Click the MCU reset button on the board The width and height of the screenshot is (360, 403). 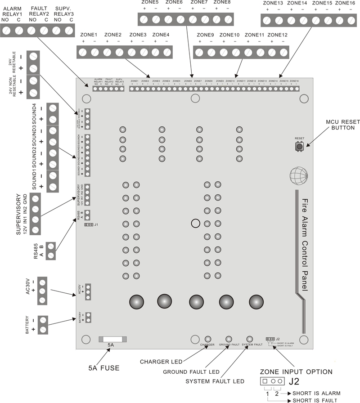click(298, 147)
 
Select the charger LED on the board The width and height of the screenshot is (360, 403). click(208, 339)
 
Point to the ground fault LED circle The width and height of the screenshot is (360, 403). click(229, 339)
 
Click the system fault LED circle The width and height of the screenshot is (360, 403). click(250, 339)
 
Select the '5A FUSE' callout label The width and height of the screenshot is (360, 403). click(104, 367)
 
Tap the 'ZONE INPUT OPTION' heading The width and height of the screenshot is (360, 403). click(296, 372)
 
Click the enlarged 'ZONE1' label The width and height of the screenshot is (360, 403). click(89, 35)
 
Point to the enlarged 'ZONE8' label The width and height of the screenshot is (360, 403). click(222, 2)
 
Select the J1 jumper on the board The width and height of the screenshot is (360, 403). click(89, 224)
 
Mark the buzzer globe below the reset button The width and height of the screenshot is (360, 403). click(299, 175)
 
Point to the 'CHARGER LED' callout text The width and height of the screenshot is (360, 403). click(160, 362)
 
